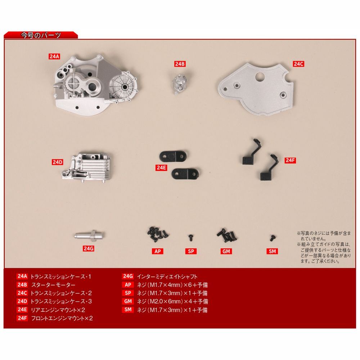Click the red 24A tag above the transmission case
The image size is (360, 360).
54,56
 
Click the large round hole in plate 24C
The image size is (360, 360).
260,77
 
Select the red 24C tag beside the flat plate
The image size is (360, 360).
298,64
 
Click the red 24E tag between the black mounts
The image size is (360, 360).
161,168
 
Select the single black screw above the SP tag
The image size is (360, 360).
190,237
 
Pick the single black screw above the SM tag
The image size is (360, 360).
272,238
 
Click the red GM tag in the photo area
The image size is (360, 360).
226,251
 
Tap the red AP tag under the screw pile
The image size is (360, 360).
158,251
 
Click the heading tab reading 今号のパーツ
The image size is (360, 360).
41,35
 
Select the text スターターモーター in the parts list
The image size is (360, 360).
53,285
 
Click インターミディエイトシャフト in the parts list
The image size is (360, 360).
167,276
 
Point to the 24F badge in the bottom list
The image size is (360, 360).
22,318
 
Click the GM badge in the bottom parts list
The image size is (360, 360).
128,301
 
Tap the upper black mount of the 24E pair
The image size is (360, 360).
173,156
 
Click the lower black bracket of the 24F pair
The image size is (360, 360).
269,168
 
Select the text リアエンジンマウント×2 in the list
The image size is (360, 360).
58,310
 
